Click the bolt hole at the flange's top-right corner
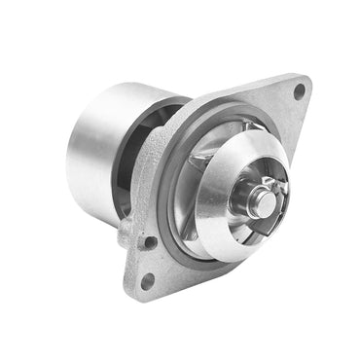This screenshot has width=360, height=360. click(299, 90)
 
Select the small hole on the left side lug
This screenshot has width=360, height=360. click(150, 241)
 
